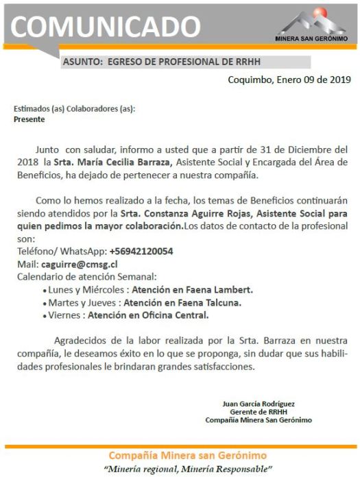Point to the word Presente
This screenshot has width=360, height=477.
pyautogui.click(x=29, y=119)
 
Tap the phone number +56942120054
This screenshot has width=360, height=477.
pyautogui.click(x=141, y=252)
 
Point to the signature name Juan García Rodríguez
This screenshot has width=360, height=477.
pyautogui.click(x=259, y=403)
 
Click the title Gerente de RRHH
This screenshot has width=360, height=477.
pyautogui.click(x=259, y=411)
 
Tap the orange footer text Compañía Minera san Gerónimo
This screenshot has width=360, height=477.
pyautogui.click(x=180, y=456)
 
